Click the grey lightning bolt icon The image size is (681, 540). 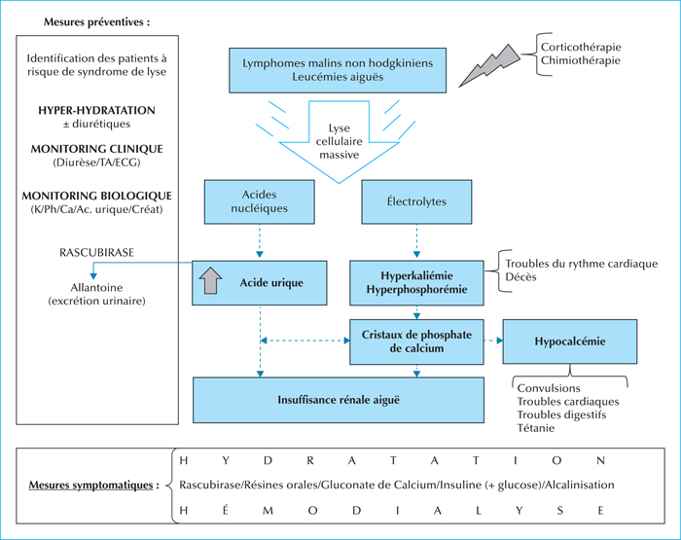pyautogui.click(x=490, y=66)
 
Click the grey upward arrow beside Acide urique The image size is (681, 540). pyautogui.click(x=211, y=281)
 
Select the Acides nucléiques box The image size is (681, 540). pyautogui.click(x=260, y=202)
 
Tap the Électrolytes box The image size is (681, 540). pyautogui.click(x=416, y=202)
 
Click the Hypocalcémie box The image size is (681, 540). pyautogui.click(x=570, y=342)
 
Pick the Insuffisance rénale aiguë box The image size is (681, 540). pyautogui.click(x=339, y=400)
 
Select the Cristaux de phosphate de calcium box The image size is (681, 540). pyautogui.click(x=416, y=342)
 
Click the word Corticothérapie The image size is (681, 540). pyautogui.click(x=581, y=47)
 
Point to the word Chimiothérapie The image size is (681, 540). pyautogui.click(x=580, y=60)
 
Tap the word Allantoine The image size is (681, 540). pyautogui.click(x=96, y=288)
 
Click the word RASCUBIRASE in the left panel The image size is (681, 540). pyautogui.click(x=96, y=253)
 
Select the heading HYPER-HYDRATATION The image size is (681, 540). pyautogui.click(x=96, y=110)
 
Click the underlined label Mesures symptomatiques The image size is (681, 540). pyautogui.click(x=90, y=485)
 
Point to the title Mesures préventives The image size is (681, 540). pyautogui.click(x=96, y=22)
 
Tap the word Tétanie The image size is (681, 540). pyautogui.click(x=535, y=428)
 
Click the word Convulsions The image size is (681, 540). pyautogui.click(x=549, y=388)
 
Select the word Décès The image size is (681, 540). pyautogui.click(x=520, y=277)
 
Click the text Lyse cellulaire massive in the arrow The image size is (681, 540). pyautogui.click(x=339, y=142)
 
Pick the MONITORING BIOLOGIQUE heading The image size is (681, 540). pyautogui.click(x=96, y=196)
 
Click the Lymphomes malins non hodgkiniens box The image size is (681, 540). pyautogui.click(x=338, y=70)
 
